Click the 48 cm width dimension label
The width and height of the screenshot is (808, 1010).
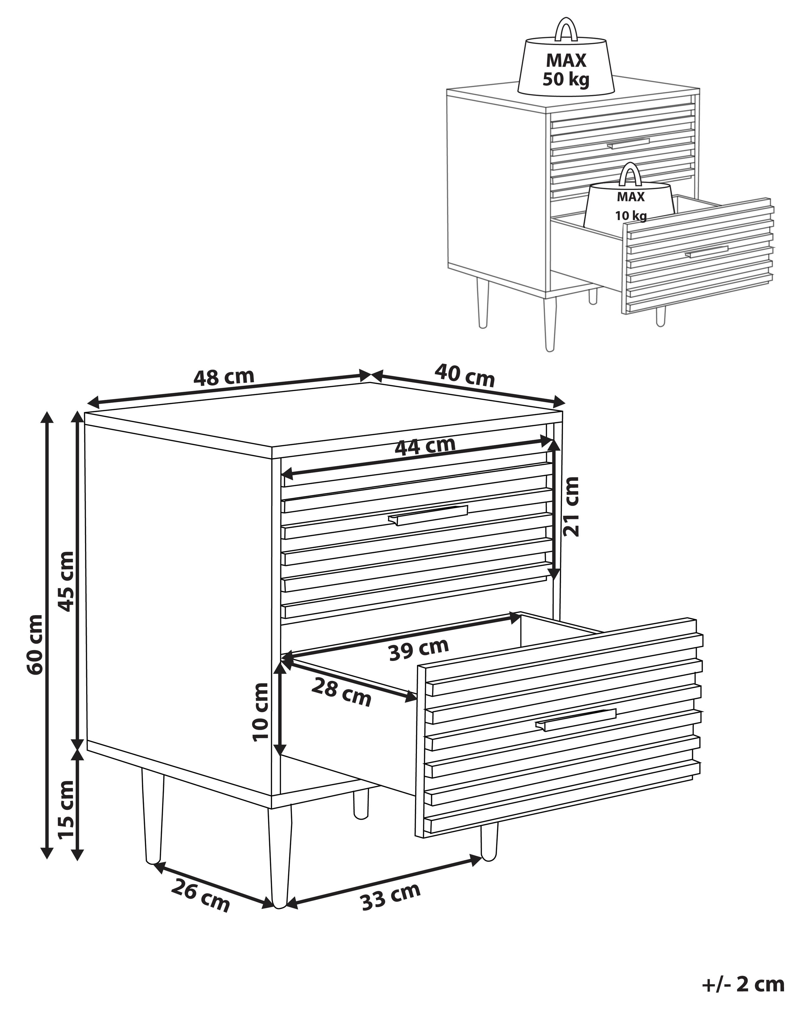coord(223,377)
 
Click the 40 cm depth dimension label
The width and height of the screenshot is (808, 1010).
coord(464,375)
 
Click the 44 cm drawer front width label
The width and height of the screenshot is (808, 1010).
coord(425,446)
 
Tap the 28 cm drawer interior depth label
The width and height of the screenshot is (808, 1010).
coord(341,692)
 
